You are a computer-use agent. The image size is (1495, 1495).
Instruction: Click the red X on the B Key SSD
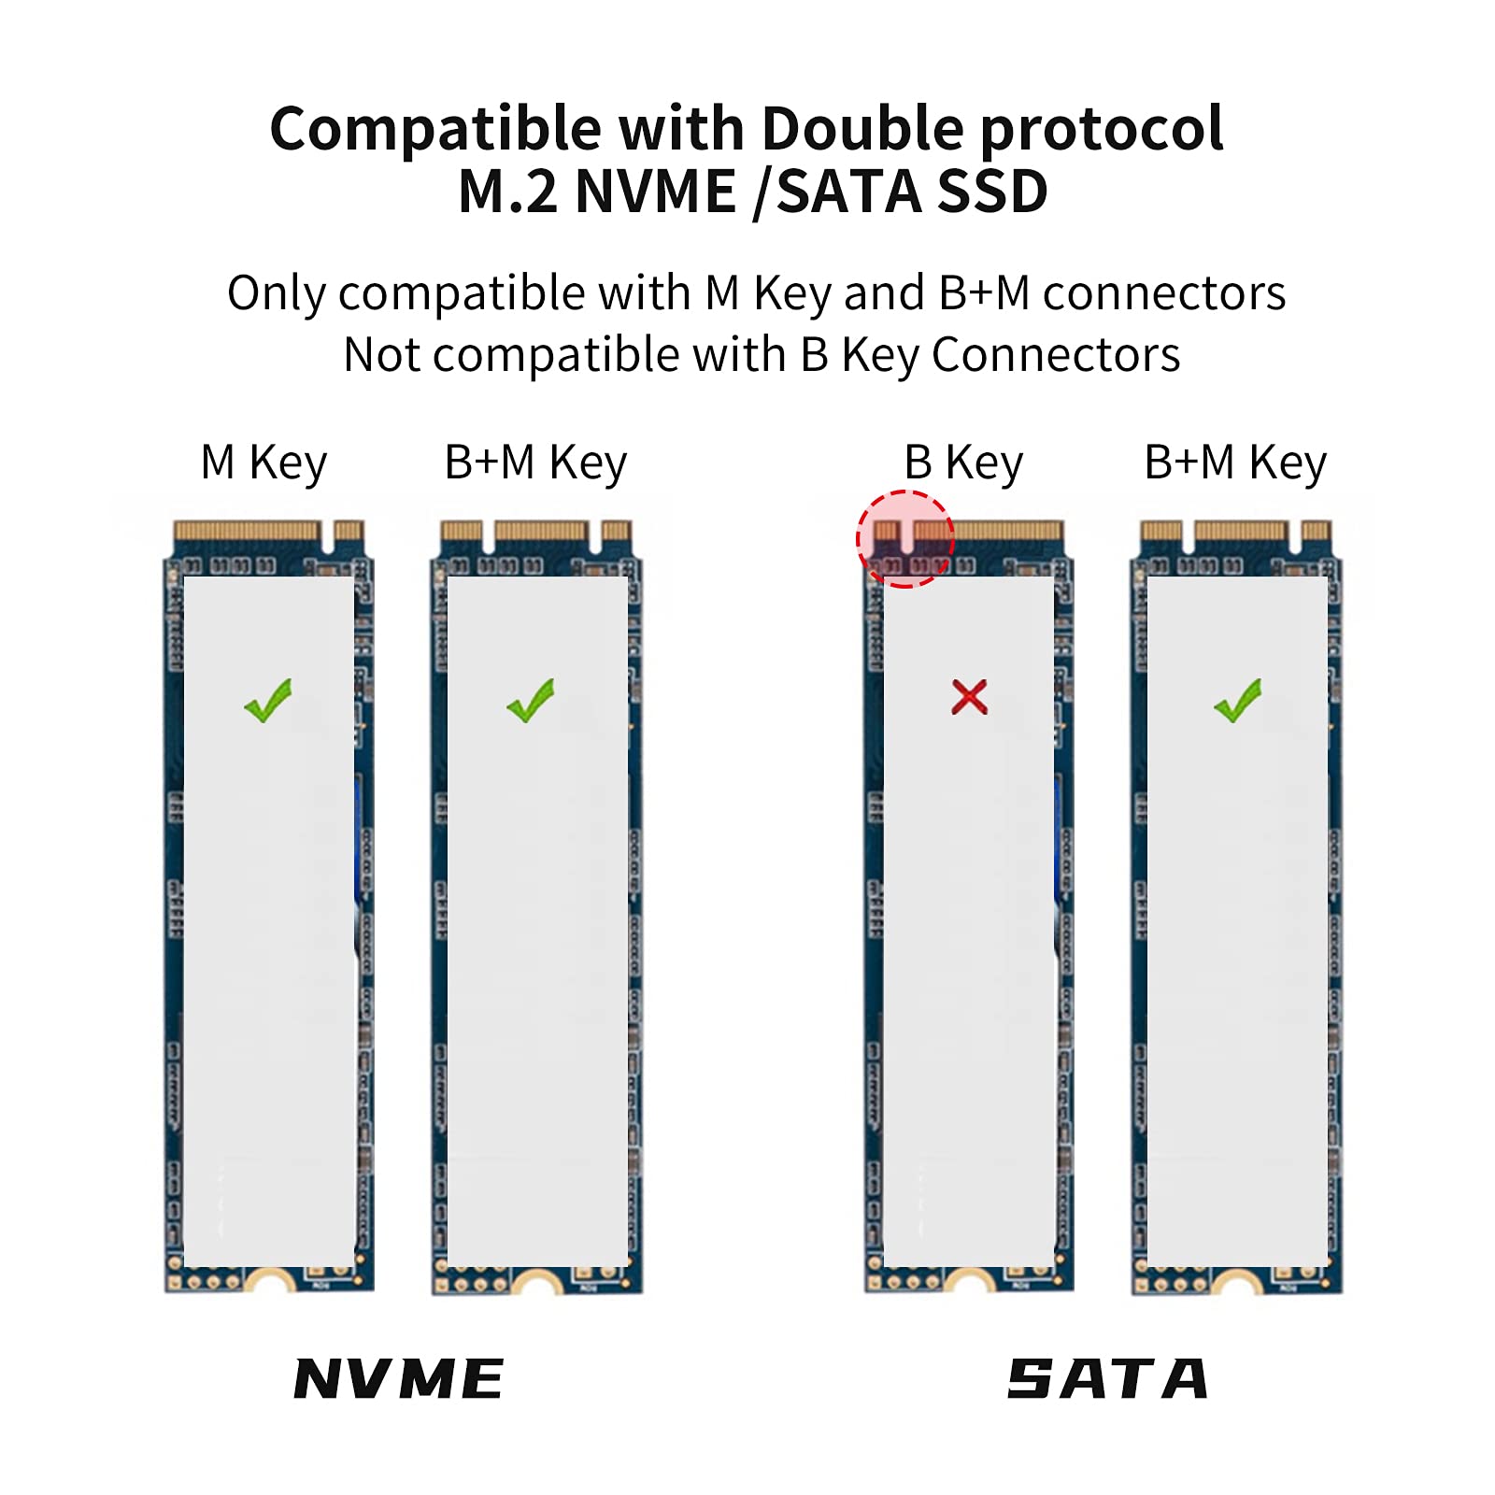[x=969, y=697]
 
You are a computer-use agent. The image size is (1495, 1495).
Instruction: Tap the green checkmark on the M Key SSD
[x=268, y=700]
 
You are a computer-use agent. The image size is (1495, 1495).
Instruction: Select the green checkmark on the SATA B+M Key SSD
[x=1238, y=700]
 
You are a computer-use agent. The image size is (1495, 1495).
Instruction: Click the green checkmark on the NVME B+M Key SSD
[x=531, y=700]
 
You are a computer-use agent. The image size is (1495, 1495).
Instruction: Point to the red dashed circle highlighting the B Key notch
[x=904, y=539]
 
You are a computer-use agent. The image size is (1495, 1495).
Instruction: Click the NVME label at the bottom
[x=399, y=1379]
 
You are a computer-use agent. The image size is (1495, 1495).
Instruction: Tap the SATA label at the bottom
[x=1107, y=1379]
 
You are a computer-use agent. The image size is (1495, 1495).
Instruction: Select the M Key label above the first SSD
[x=263, y=463]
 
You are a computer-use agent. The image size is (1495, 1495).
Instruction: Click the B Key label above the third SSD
[x=963, y=463]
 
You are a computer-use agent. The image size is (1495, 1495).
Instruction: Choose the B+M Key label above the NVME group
[x=535, y=463]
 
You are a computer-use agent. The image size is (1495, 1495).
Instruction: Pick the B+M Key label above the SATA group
[x=1235, y=463]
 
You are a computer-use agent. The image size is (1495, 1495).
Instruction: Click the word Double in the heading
[x=861, y=128]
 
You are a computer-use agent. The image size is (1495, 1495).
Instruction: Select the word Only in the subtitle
[x=276, y=293]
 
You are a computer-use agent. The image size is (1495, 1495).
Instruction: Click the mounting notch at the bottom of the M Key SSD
[x=270, y=1284]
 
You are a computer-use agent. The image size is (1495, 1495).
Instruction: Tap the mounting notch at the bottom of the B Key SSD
[x=969, y=1284]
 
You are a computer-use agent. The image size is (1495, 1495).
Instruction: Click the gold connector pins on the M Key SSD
[x=247, y=532]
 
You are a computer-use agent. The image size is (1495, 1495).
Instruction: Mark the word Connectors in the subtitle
[x=1056, y=355]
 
